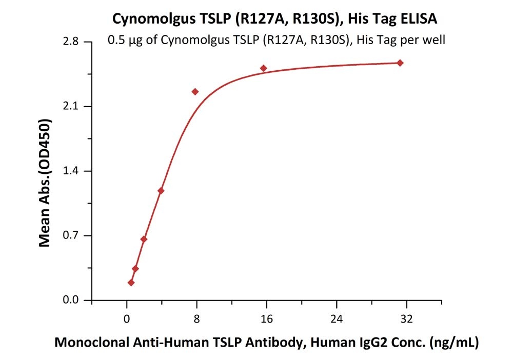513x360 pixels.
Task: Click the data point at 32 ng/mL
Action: click(400, 63)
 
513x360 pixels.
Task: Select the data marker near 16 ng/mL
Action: click(264, 68)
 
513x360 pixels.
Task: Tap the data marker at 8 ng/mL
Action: click(195, 92)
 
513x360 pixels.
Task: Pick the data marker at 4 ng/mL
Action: click(161, 191)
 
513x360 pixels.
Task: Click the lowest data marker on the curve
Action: click(131, 283)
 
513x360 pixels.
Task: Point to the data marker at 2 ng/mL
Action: click(144, 239)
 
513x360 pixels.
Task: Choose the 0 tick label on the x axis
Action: click(126, 318)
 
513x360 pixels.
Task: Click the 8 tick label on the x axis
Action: click(196, 318)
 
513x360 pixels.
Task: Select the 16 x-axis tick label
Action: click(266, 318)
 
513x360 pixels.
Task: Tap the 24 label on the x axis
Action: click(336, 318)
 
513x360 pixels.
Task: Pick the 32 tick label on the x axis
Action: click(406, 318)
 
